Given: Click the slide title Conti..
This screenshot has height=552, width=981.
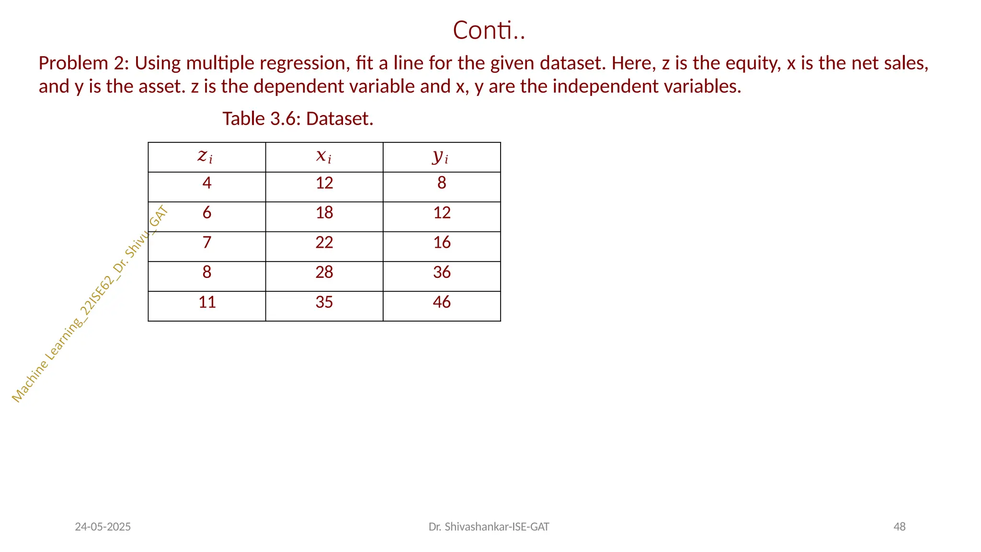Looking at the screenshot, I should click(489, 31).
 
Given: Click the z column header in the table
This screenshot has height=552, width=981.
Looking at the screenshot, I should click(206, 157).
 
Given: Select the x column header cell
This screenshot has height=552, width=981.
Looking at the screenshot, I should click(324, 157).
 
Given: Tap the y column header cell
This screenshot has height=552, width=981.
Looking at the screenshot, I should click(442, 157).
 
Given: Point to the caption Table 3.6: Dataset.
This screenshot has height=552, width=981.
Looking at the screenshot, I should click(297, 119).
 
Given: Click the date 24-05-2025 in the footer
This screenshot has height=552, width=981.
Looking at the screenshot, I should click(103, 527).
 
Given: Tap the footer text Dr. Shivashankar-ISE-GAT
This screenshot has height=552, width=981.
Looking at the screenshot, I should click(489, 527).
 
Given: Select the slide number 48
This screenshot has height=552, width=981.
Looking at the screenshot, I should click(900, 527).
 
